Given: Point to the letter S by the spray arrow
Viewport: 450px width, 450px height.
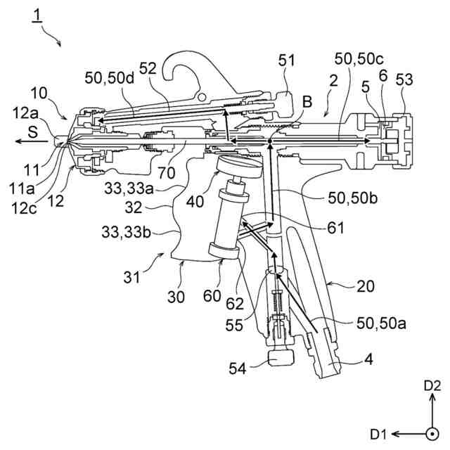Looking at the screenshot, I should (34, 131).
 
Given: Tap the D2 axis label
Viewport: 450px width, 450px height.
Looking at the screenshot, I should (432, 386).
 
